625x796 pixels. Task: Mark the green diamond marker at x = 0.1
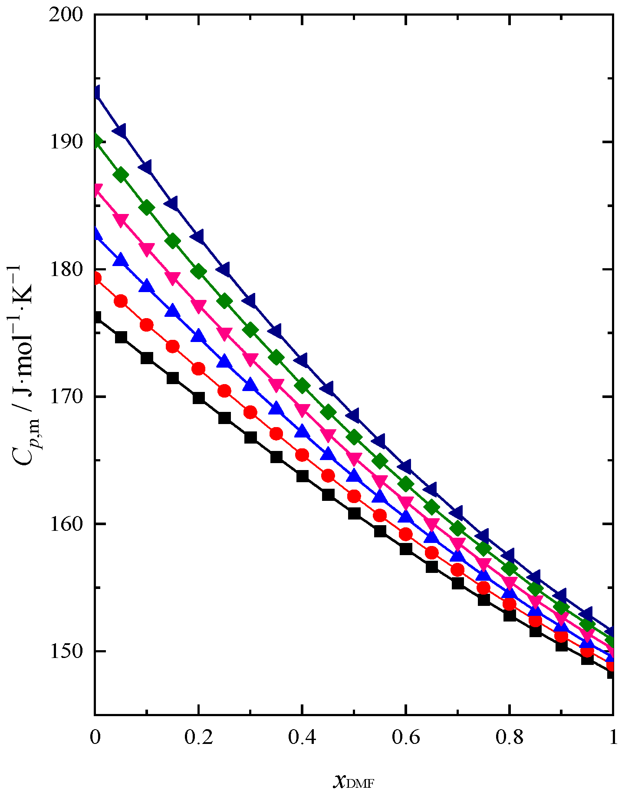147,207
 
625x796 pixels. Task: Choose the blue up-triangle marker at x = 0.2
199,336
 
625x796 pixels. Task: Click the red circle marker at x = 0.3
250,412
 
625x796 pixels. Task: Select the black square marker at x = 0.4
302,476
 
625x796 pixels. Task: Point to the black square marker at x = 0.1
147,358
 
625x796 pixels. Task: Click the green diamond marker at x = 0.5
354,437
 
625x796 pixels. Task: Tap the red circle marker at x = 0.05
121,301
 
